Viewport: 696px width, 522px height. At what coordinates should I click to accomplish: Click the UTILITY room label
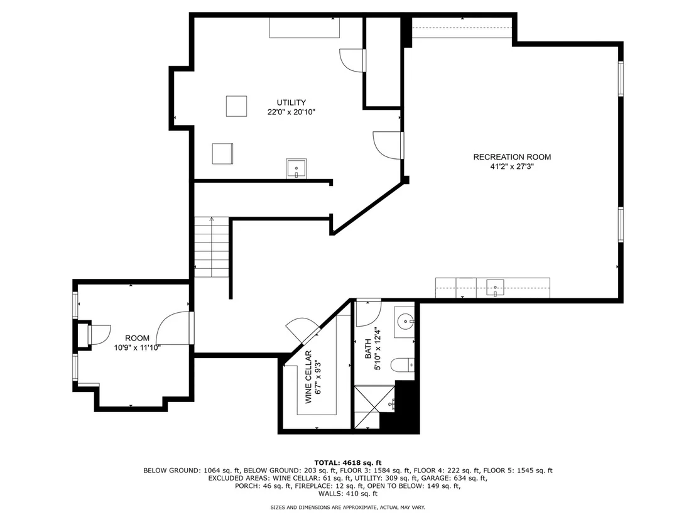[291, 102]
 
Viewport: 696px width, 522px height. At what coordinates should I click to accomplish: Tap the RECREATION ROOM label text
[512, 157]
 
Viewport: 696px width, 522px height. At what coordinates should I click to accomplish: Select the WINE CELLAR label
[308, 378]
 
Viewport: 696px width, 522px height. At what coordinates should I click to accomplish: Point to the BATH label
[367, 349]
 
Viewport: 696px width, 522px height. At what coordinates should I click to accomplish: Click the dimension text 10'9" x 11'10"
[137, 348]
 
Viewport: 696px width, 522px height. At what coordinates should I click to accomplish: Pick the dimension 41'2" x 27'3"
[512, 167]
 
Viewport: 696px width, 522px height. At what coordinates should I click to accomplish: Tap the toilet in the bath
[403, 366]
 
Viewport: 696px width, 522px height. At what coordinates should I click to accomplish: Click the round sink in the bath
[405, 320]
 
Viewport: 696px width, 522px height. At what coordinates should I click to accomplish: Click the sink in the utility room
[296, 169]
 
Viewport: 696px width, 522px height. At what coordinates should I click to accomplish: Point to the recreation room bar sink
[496, 288]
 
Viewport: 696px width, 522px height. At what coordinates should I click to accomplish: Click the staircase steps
[212, 247]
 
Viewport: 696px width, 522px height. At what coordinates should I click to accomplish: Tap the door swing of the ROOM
[173, 327]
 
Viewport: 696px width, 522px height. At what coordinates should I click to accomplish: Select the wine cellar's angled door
[302, 330]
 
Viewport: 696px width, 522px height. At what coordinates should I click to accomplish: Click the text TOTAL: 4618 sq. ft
[347, 463]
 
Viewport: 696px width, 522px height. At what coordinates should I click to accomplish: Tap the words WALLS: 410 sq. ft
[347, 494]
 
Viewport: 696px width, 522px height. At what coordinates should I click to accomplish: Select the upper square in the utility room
[236, 106]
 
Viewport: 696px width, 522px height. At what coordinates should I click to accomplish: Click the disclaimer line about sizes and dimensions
[347, 508]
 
